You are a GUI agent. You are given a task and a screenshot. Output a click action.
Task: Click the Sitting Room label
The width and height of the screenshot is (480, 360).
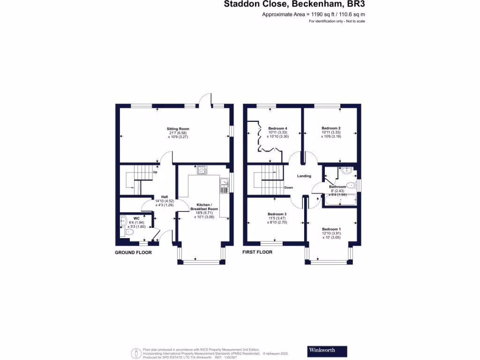click(x=178, y=129)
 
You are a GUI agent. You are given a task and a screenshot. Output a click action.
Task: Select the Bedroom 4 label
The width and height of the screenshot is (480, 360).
click(x=277, y=128)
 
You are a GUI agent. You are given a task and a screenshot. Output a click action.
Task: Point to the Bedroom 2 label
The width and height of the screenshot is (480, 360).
click(x=330, y=128)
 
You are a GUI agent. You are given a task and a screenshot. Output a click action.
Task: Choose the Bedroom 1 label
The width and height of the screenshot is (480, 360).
click(x=331, y=229)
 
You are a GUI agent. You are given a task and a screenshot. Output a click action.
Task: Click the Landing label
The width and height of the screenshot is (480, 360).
click(x=304, y=176)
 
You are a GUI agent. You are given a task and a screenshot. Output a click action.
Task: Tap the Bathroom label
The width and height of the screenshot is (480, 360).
click(x=337, y=187)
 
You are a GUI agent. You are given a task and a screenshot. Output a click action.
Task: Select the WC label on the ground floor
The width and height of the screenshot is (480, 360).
click(x=136, y=218)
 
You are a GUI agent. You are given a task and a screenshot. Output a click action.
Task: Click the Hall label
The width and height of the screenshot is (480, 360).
click(x=165, y=197)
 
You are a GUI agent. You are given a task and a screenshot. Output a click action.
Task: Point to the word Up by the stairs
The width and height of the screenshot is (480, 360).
click(x=155, y=172)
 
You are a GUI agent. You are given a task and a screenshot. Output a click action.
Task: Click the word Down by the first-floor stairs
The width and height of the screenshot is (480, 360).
click(x=289, y=187)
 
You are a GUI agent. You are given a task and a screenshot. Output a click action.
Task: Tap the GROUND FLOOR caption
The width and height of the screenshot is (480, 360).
click(x=133, y=252)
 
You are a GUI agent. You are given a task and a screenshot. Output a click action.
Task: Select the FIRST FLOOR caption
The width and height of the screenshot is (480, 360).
click(x=257, y=252)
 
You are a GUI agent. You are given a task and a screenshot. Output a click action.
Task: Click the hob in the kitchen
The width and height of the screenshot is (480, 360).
click(x=202, y=170)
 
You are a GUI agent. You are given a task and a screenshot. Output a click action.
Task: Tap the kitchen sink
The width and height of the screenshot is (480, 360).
click(x=224, y=186)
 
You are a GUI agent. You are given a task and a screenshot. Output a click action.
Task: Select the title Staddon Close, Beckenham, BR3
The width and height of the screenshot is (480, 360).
click(x=294, y=5)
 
